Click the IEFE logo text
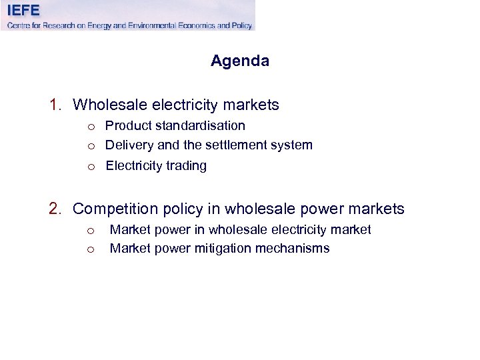[x=24, y=10]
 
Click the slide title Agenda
[x=240, y=61]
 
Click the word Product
[x=129, y=126]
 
